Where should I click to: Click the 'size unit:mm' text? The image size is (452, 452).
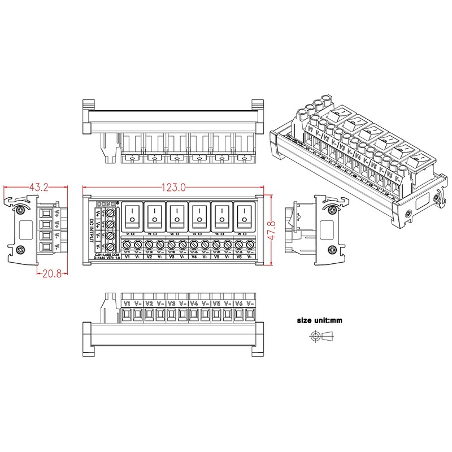[x=319, y=320]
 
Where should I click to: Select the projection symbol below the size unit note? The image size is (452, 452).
[x=320, y=337]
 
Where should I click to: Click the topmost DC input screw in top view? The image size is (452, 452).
[x=110, y=214]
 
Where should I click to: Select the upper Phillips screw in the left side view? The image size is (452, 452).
[x=21, y=210]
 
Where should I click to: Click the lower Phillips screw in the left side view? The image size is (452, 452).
[x=21, y=250]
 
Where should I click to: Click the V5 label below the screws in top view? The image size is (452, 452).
[x=216, y=257]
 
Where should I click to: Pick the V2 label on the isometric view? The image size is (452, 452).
[x=326, y=138]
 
